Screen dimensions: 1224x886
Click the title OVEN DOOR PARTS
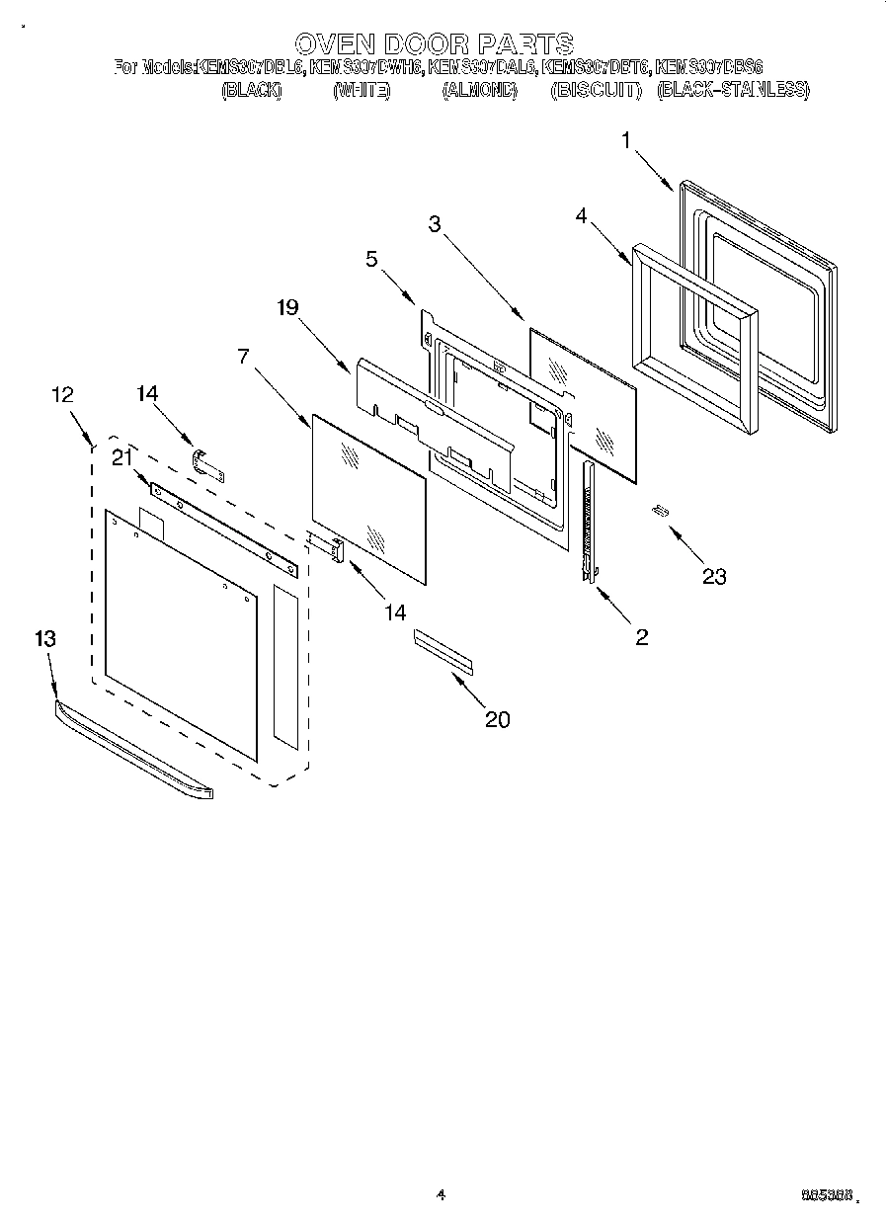[434, 43]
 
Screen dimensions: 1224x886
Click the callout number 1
[626, 141]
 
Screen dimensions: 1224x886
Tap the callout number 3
[434, 224]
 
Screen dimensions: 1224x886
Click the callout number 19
[286, 307]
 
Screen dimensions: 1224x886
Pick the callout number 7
[243, 355]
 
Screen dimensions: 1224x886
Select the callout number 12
[61, 394]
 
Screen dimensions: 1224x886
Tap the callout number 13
[44, 638]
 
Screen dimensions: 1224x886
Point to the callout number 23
[713, 577]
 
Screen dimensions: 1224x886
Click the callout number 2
[642, 637]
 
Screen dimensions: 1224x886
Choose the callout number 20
[498, 719]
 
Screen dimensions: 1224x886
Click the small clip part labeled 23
[659, 511]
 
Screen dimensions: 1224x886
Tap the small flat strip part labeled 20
[443, 651]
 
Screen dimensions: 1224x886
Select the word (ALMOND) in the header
[480, 90]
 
